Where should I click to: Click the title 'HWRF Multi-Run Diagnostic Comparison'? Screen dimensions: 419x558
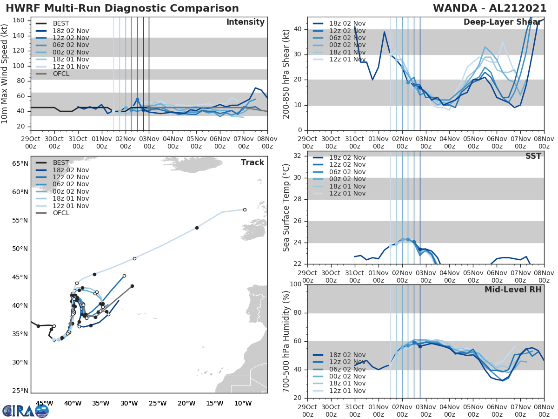pyautogui.click(x=122, y=8)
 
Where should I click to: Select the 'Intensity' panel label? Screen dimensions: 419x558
pyautogui.click(x=245, y=22)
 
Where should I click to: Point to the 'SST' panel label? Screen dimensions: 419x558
pyautogui.click(x=533, y=156)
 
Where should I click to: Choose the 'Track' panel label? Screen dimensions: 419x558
pyautogui.click(x=252, y=162)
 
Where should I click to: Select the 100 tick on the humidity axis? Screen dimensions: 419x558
pyautogui.click(x=296, y=284)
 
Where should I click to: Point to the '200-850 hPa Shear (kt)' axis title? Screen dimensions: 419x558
pyautogui.click(x=286, y=74)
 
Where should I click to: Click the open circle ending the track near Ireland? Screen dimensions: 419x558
pyautogui.click(x=245, y=209)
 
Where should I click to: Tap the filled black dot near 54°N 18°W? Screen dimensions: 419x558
pyautogui.click(x=197, y=228)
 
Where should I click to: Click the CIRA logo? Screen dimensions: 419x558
pyautogui.click(x=25, y=411)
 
